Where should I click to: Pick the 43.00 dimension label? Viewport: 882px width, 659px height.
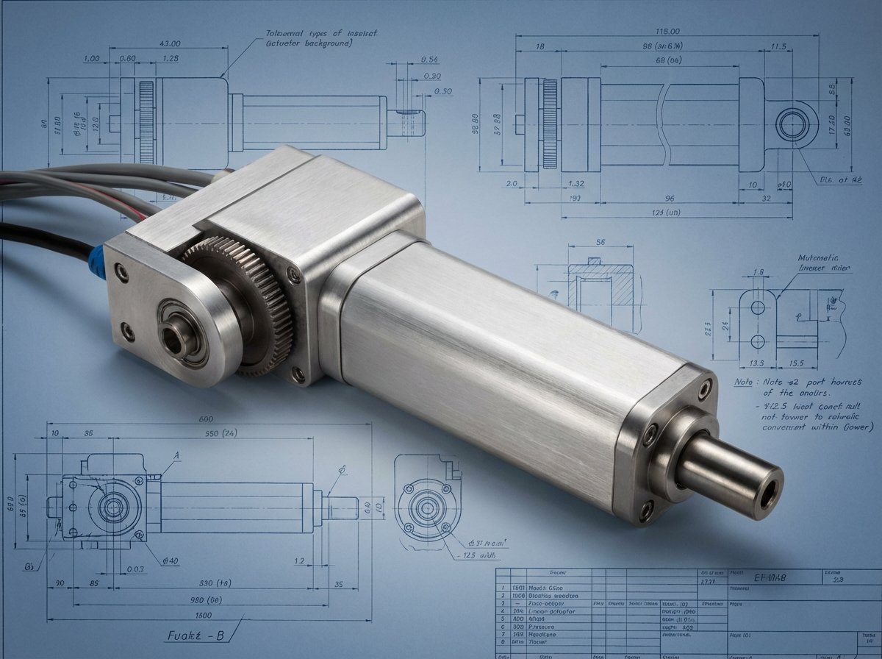[170, 43]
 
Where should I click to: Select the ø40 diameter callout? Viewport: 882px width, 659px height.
[171, 561]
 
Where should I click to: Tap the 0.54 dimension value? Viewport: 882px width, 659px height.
[430, 60]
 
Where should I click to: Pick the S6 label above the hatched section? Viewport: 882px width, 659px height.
[599, 241]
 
